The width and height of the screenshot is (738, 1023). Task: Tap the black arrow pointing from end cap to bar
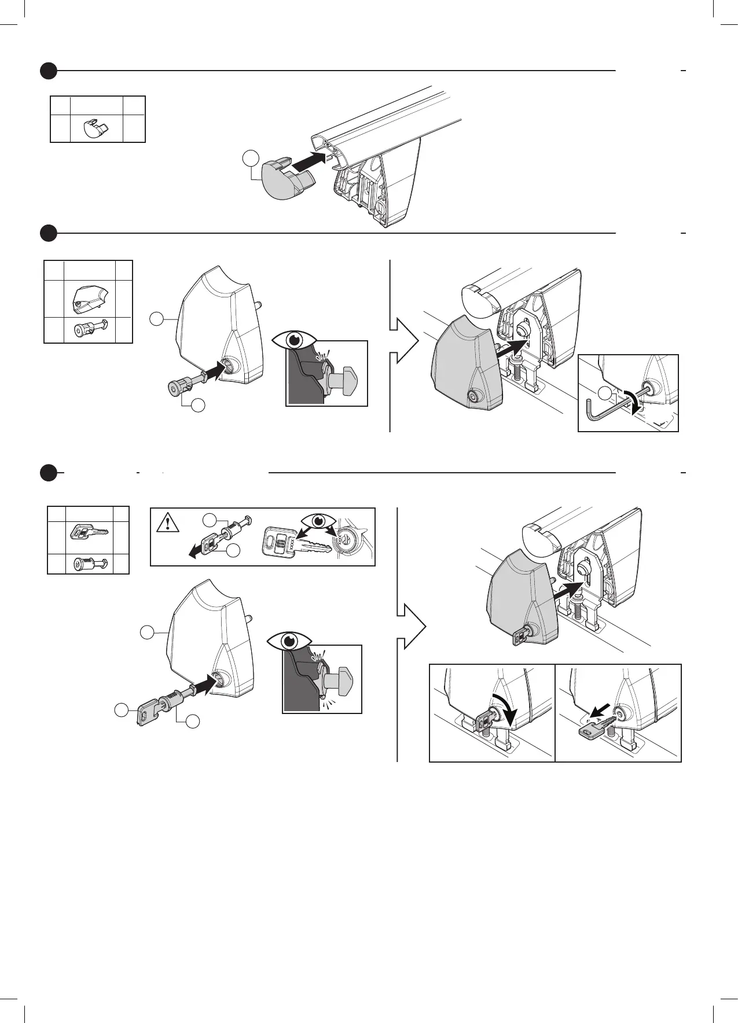(x=307, y=161)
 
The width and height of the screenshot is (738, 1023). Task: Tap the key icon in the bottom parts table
(x=89, y=532)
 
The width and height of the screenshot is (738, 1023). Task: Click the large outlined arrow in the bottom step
(x=412, y=626)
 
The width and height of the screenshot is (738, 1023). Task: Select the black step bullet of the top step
(x=49, y=71)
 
